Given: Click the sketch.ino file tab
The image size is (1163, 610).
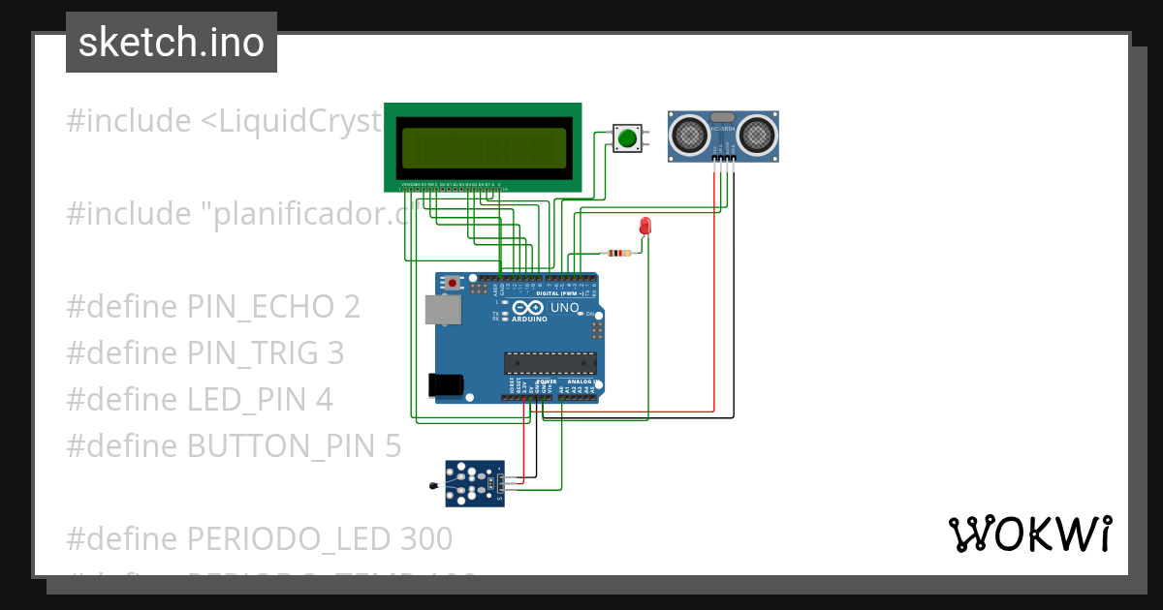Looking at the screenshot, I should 172,43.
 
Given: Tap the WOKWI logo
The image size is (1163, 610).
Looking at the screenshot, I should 1029,534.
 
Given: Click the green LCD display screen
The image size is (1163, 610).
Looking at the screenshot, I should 483,148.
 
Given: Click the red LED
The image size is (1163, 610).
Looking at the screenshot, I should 645,227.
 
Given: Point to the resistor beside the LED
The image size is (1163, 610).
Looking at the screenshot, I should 617,254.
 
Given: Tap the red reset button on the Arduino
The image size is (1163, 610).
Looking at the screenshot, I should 452,284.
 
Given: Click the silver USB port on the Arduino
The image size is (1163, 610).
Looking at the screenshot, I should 443,310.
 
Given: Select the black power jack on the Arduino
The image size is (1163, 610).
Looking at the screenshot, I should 445,384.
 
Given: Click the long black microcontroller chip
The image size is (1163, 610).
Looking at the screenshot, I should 548,363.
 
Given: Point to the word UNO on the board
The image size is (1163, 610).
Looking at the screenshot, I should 565,308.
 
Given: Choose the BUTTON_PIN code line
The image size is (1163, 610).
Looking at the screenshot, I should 234,445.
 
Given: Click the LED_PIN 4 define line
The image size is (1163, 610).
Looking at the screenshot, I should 200,399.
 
